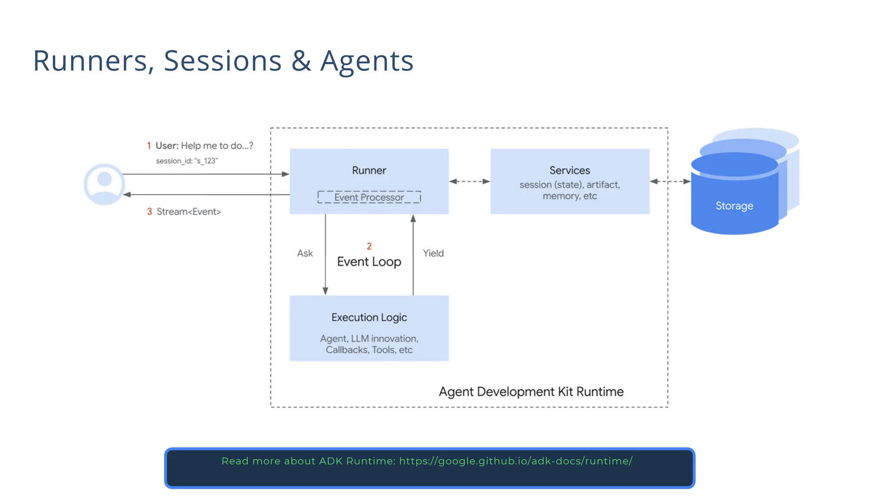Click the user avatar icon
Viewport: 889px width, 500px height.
104,184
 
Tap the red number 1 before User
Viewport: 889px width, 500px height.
149,146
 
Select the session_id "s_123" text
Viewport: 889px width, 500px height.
187,161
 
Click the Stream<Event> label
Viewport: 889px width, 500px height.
188,212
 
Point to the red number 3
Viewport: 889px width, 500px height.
149,212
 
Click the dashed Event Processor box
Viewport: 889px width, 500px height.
369,197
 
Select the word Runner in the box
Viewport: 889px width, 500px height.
369,171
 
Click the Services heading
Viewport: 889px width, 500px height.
570,171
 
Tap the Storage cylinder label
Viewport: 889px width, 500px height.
734,206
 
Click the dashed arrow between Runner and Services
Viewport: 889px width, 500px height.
469,181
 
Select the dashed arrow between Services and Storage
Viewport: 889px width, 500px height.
670,181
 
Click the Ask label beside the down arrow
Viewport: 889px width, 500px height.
305,253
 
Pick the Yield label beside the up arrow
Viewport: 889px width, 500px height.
433,253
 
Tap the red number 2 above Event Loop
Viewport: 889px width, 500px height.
369,247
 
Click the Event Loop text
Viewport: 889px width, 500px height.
369,262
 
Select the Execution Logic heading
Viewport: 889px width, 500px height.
369,318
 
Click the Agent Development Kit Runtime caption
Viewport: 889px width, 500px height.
531,392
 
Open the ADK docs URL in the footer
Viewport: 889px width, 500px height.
516,461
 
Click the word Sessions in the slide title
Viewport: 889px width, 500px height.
223,61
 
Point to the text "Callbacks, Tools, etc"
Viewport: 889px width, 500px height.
369,350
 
